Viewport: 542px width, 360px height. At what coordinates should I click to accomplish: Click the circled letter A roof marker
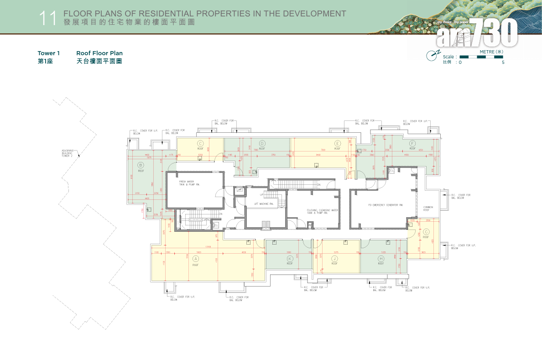coord(196,258)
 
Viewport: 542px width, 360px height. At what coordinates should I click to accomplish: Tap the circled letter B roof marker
coord(141,165)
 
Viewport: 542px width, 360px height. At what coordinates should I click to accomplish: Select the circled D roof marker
coord(262,143)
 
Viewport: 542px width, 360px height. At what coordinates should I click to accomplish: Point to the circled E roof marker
coord(337,143)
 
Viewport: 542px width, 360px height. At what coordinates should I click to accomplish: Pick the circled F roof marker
coord(412,143)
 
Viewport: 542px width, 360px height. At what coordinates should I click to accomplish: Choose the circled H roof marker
coord(381,258)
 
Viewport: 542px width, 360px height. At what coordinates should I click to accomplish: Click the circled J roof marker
coord(334,258)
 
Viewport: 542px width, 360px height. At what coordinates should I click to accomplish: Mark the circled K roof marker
coord(290,258)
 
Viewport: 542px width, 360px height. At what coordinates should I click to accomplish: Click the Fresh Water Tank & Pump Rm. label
coord(189,183)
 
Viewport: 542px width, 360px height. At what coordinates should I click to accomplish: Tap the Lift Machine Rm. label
coord(264,204)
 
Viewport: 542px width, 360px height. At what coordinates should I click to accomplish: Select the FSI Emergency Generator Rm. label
coord(386,205)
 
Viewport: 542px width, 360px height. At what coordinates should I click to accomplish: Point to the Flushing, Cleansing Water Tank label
coord(322,211)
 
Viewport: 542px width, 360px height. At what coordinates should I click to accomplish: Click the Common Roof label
coord(428,209)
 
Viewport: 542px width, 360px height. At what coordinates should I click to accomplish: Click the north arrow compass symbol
coord(432,56)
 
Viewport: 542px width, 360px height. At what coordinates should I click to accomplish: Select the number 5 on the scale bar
coord(503,63)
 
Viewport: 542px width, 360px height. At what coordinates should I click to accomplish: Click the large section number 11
coord(47,18)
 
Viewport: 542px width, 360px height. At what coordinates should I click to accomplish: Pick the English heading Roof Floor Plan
coord(99,53)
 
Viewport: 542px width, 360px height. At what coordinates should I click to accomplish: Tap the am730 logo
coord(477,33)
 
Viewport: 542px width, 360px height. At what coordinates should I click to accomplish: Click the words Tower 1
coord(48,53)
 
